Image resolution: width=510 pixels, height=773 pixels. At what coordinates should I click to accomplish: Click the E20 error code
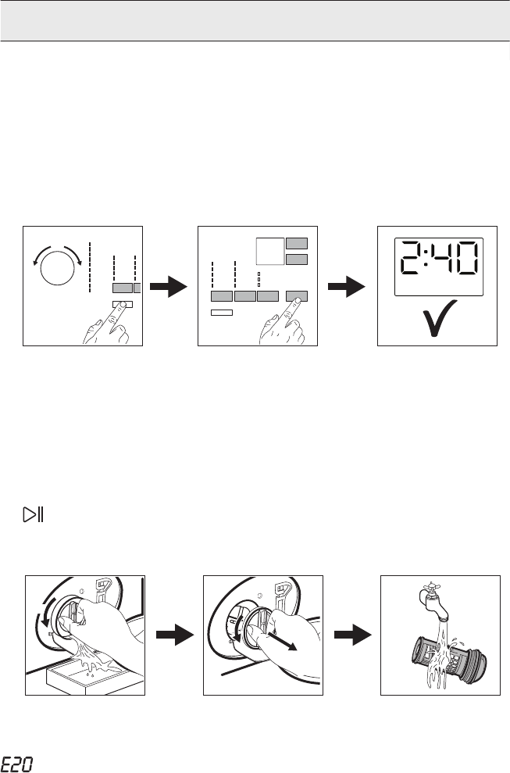click(16, 764)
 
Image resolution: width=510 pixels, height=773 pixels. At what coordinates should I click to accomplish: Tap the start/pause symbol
click(34, 514)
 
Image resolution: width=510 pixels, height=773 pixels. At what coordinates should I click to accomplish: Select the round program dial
click(57, 268)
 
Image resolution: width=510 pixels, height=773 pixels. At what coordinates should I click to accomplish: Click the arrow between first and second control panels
click(169, 287)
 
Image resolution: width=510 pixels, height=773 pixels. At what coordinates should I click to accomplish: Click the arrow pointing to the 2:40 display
click(347, 287)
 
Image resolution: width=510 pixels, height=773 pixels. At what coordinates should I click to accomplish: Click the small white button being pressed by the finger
click(122, 304)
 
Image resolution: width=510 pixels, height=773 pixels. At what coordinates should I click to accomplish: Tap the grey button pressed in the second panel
click(297, 296)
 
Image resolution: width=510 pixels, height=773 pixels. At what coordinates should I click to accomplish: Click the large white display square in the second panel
click(270, 252)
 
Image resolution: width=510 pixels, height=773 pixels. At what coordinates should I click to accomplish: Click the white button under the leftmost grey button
click(222, 312)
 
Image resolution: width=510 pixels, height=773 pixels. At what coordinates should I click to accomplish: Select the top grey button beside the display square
click(297, 243)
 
